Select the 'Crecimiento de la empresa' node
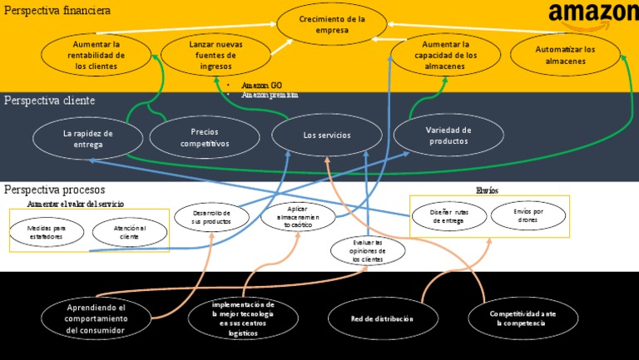pyautogui.click(x=332, y=23)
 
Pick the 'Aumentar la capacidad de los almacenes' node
pyautogui.click(x=445, y=54)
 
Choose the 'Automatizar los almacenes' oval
pyautogui.click(x=566, y=55)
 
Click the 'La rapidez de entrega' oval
pyautogui.click(x=87, y=138)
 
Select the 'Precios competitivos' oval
pyautogui.click(x=204, y=137)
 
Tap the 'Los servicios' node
pyautogui.click(x=327, y=135)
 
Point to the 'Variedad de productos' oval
pyautogui.click(x=448, y=136)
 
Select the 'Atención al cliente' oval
pyautogui.click(x=129, y=232)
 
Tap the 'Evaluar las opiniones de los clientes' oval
pyautogui.click(x=368, y=250)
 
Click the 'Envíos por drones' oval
pyautogui.click(x=528, y=216)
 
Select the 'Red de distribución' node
pyautogui.click(x=382, y=318)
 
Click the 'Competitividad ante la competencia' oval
pyautogui.click(x=523, y=318)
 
